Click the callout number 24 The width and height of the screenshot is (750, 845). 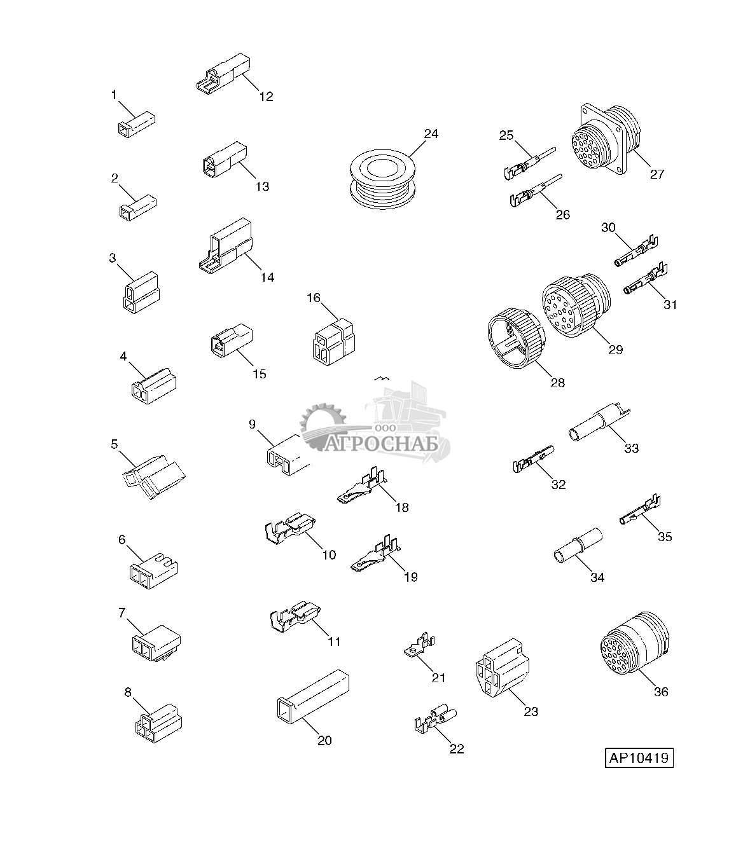(431, 134)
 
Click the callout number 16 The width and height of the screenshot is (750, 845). (314, 298)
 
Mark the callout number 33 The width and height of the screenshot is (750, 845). (631, 448)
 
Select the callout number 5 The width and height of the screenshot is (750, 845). (115, 444)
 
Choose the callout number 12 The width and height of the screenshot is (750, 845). (266, 97)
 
